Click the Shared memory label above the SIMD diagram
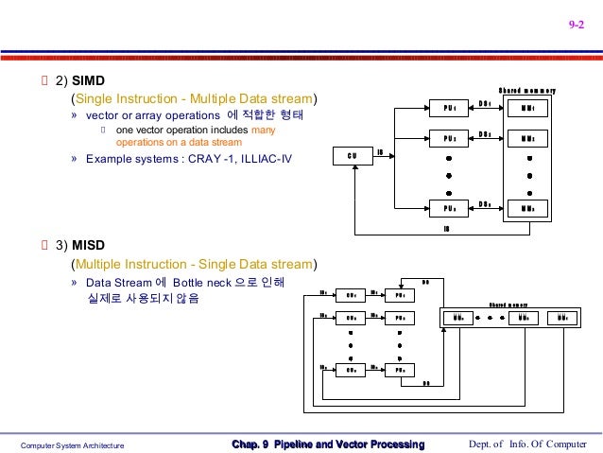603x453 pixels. pyautogui.click(x=526, y=91)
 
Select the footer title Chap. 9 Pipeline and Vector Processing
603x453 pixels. pyautogui.click(x=328, y=444)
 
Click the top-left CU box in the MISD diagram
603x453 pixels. pyautogui.click(x=350, y=295)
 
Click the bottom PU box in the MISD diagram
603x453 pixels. pyautogui.click(x=400, y=371)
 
